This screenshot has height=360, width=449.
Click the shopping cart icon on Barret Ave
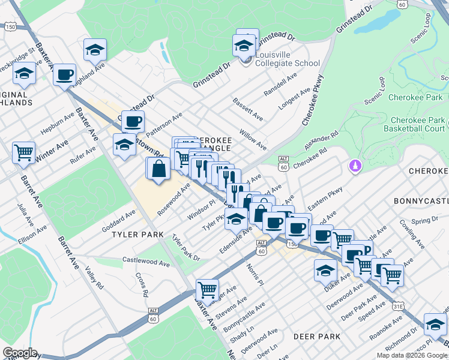click(x=23, y=152)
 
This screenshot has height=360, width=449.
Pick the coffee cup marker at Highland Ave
click(x=64, y=76)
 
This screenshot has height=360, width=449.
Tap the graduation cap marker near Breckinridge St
click(x=24, y=73)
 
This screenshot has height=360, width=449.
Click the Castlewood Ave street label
click(x=146, y=262)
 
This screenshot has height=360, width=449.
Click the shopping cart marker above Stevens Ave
click(x=207, y=289)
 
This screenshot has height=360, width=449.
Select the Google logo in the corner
click(x=20, y=353)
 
